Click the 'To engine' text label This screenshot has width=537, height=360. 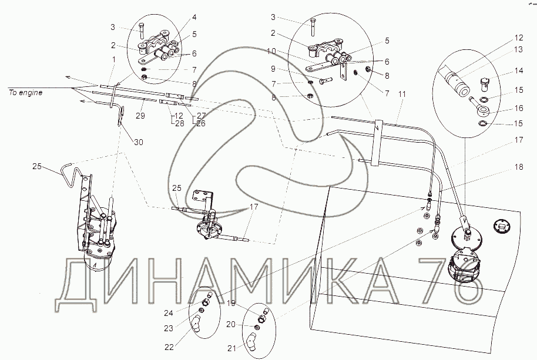26,93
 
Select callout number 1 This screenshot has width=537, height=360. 114,60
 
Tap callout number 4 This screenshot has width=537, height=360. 194,17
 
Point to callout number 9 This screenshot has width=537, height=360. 273,69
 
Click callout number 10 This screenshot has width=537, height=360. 271,51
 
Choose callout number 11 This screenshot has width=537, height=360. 402,94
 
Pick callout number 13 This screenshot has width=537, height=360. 519,49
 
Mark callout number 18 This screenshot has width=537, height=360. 519,167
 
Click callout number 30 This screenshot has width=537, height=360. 138,142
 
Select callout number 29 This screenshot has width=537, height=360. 140,116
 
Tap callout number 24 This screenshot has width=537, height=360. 169,313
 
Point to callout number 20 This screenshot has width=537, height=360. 231,324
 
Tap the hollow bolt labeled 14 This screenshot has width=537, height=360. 485,84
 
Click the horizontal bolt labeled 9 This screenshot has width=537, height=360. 324,82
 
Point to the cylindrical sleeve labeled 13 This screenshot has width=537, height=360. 455,82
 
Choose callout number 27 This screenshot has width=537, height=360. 201,116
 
